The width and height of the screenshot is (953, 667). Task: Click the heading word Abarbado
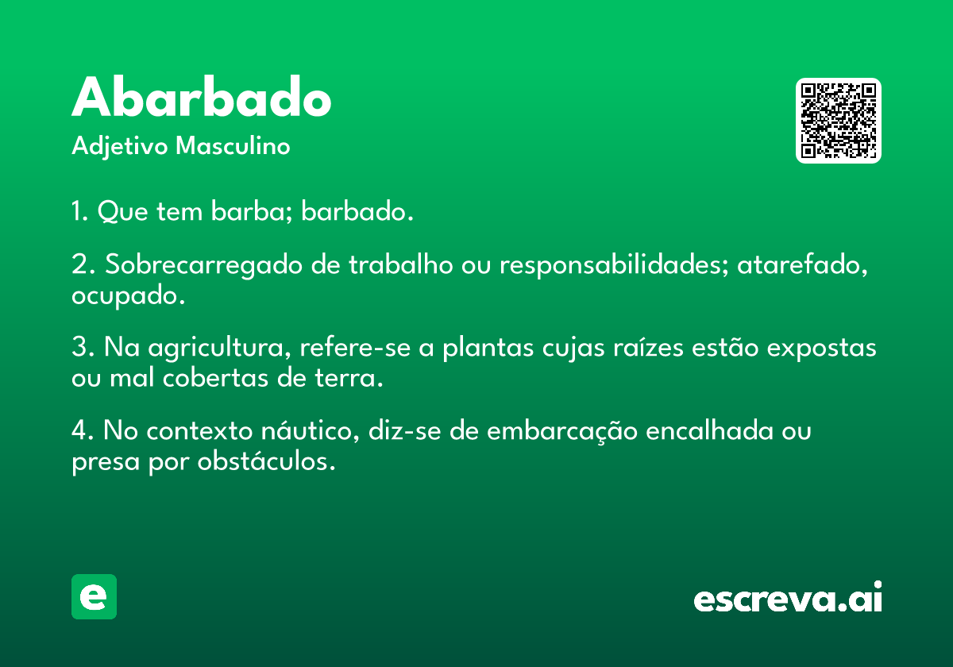pyautogui.click(x=201, y=97)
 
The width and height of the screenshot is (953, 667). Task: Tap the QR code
pyautogui.click(x=838, y=121)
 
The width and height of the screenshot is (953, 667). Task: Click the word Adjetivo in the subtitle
pyautogui.click(x=120, y=147)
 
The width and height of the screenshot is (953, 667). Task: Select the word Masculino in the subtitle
pyautogui.click(x=233, y=145)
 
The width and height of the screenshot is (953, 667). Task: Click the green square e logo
pyautogui.click(x=94, y=596)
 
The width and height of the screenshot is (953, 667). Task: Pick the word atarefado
pyautogui.click(x=802, y=265)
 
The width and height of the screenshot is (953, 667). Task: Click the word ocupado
pyautogui.click(x=128, y=296)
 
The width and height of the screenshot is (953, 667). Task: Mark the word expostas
pyautogui.click(x=821, y=349)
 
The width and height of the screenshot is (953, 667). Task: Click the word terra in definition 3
pyautogui.click(x=349, y=378)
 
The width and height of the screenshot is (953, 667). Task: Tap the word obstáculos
pyautogui.click(x=266, y=461)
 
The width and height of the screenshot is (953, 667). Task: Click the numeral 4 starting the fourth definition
pyautogui.click(x=79, y=430)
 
